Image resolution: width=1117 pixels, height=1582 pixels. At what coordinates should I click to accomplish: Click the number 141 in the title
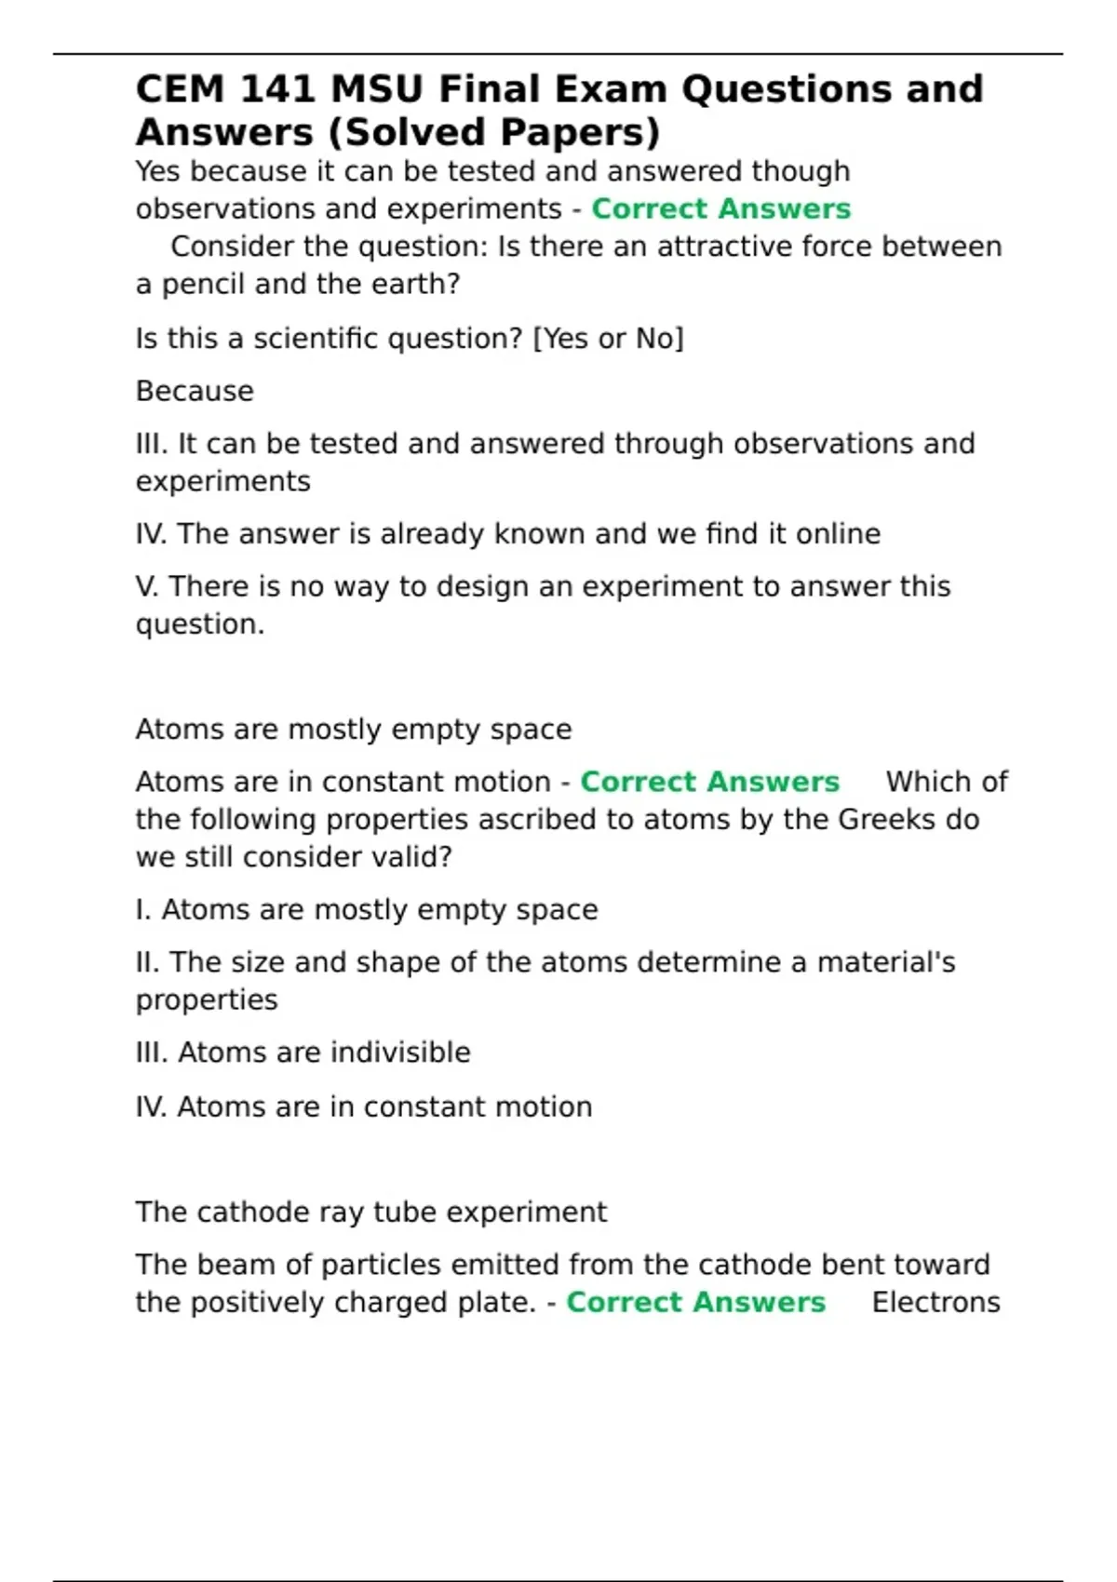click(x=277, y=89)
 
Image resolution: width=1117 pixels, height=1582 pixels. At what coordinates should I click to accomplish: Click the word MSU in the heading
click(x=377, y=89)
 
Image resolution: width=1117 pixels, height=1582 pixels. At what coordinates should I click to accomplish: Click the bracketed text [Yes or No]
click(x=608, y=338)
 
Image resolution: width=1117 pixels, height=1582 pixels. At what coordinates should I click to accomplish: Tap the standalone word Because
click(x=195, y=391)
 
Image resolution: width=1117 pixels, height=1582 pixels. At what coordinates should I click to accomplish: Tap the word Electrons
click(x=935, y=1302)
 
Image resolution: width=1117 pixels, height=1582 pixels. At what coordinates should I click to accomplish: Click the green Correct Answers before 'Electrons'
click(x=695, y=1302)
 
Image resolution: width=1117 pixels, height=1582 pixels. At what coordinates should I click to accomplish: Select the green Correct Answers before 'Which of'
click(x=709, y=782)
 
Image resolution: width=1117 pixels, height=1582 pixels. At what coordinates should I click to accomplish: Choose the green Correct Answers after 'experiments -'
click(x=720, y=208)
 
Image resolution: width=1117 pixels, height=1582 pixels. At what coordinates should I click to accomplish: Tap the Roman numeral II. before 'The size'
click(x=147, y=961)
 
